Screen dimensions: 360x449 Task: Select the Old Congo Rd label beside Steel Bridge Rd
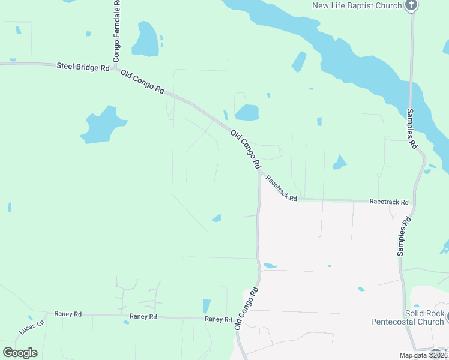pos(142,82)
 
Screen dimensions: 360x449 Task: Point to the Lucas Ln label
pos(32,327)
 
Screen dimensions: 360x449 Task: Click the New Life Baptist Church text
pos(357,6)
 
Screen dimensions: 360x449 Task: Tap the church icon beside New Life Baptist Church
pos(411,6)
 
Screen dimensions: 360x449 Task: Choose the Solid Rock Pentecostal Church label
pos(408,317)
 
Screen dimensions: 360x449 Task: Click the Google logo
pos(20,353)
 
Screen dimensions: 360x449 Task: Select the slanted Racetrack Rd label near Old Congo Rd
pos(282,188)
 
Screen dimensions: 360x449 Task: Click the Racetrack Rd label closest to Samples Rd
pos(389,202)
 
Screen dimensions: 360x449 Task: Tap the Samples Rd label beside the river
pos(412,128)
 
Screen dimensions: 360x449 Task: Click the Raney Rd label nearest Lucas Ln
pos(67,314)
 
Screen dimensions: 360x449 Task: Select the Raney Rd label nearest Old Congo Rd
pos(218,319)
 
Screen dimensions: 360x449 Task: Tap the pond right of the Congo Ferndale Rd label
pos(145,40)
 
